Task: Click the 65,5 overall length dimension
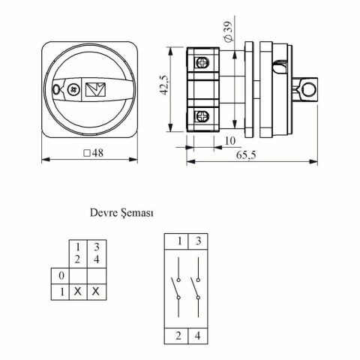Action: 246,155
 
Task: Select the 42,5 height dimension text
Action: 164,85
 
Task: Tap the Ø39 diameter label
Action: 228,31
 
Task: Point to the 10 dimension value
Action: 230,141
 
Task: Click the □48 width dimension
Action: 93,153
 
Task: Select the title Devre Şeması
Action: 121,213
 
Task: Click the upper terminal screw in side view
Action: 202,62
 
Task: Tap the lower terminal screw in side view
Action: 202,116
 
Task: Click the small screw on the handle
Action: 73,89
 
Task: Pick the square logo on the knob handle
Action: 95,89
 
